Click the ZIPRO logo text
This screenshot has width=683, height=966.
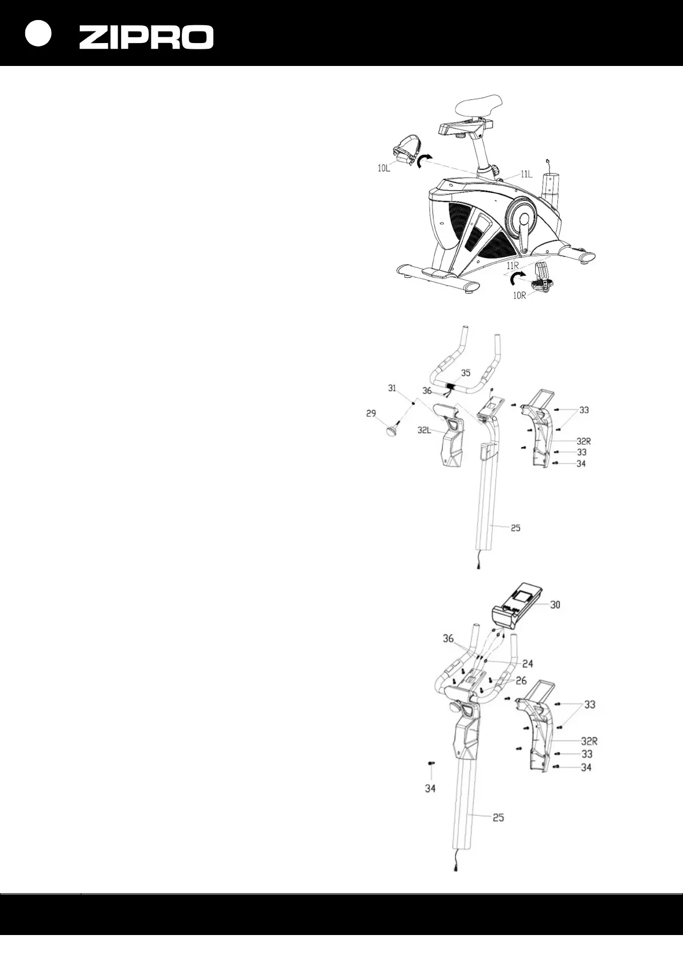[146, 37]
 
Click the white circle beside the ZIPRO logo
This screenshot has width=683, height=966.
[38, 34]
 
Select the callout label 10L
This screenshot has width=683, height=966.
[384, 169]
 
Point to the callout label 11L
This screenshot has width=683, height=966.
[526, 174]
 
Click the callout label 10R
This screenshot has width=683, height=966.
[520, 296]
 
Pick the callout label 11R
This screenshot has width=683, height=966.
[512, 266]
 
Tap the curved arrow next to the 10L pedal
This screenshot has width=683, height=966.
[424, 161]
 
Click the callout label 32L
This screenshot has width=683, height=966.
[426, 430]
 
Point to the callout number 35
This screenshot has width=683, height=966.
[465, 373]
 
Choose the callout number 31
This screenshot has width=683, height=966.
[392, 388]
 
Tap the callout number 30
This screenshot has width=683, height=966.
[555, 605]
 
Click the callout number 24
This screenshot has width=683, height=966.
[528, 664]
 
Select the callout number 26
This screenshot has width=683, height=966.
[521, 681]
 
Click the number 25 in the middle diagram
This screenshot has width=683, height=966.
[515, 528]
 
